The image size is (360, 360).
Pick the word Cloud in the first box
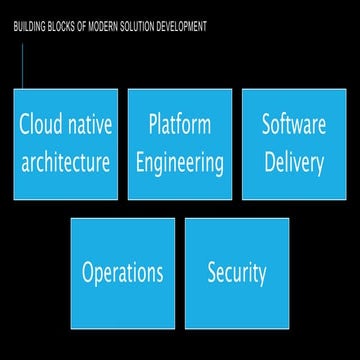(41, 125)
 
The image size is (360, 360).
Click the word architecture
(66, 163)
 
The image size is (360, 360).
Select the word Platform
(180, 125)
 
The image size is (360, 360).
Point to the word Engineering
(180, 163)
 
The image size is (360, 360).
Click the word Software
(294, 125)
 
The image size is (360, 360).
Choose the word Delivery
(294, 163)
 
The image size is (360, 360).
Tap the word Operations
(123, 273)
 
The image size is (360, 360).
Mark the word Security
(237, 273)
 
